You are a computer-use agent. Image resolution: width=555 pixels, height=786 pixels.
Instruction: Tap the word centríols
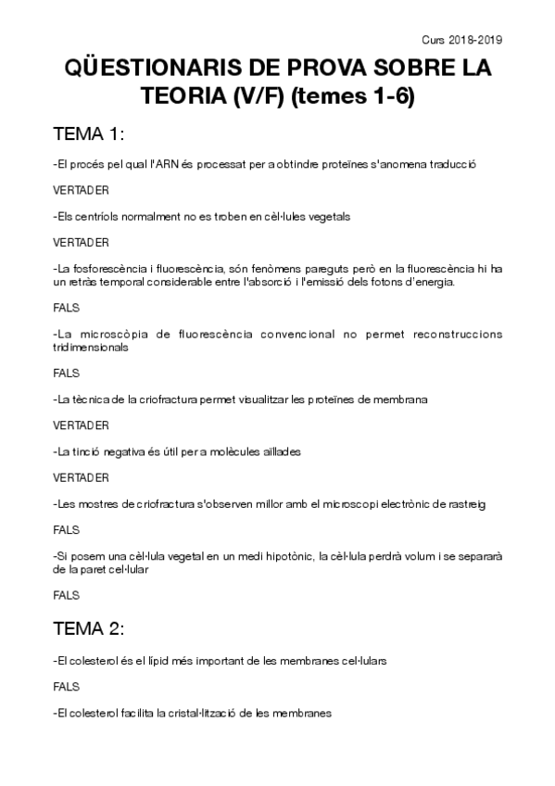pos(95,216)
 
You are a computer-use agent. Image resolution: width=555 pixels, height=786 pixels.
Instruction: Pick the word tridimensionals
pos(92,348)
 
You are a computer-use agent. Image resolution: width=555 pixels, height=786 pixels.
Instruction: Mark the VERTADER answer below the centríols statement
pos(82,242)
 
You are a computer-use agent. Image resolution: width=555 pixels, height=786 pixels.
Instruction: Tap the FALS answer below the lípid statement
pos(67,687)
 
